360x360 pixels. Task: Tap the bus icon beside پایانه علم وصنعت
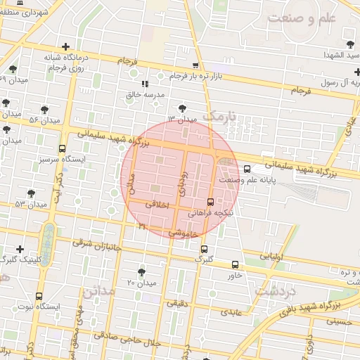pyautogui.click(x=247, y=169)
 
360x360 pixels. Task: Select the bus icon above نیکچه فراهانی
pyautogui.click(x=211, y=202)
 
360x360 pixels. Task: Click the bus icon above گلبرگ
pyautogui.click(x=204, y=249)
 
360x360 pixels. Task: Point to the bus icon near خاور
pyautogui.click(x=235, y=265)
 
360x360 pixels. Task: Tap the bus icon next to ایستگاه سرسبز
pyautogui.click(x=63, y=149)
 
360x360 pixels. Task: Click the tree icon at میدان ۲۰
pyautogui.click(x=142, y=272)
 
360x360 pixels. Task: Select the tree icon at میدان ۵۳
pyautogui.click(x=30, y=193)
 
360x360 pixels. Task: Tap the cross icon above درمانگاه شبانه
pyautogui.click(x=65, y=46)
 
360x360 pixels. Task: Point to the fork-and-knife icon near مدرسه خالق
pyautogui.click(x=145, y=84)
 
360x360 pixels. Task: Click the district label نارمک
pyautogui.click(x=220, y=115)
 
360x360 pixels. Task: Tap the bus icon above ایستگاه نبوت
pyautogui.click(x=38, y=296)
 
